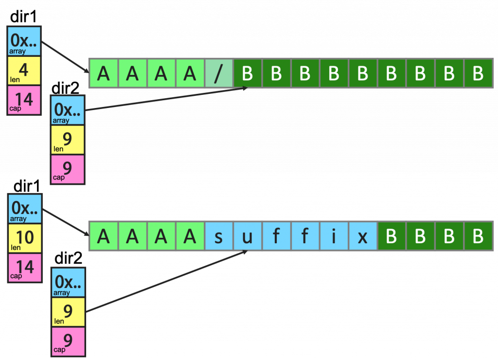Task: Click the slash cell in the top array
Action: [x=219, y=73]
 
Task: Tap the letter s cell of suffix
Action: [x=219, y=236]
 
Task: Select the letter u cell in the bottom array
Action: [x=248, y=236]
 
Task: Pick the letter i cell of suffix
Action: [x=334, y=236]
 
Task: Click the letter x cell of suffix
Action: [x=363, y=236]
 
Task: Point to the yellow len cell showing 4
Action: [x=24, y=71]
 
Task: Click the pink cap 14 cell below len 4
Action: [x=24, y=100]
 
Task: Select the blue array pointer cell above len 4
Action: [x=24, y=41]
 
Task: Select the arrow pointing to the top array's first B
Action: [x=165, y=99]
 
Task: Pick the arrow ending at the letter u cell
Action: [x=165, y=281]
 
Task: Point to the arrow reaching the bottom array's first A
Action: [x=66, y=222]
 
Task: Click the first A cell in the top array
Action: [x=103, y=73]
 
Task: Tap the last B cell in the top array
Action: [x=478, y=73]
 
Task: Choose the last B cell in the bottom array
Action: [x=478, y=236]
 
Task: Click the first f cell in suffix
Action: [x=276, y=236]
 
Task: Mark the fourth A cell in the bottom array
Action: [x=190, y=236]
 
